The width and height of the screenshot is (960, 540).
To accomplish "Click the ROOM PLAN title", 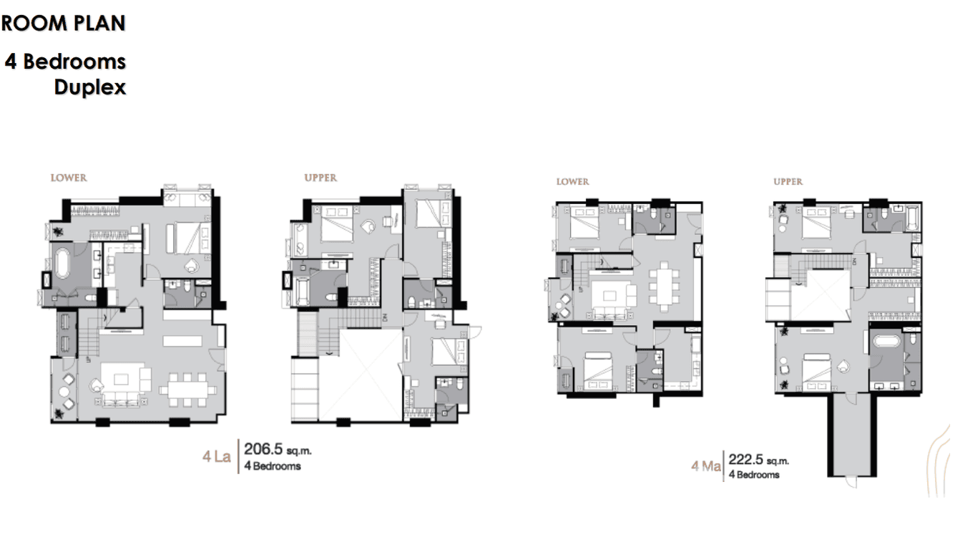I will point(64,24).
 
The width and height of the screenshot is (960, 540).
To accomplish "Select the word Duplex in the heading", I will point(90,87).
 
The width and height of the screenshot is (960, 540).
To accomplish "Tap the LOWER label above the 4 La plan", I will point(69,178).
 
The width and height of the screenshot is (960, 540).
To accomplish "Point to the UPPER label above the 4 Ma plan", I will point(788,182).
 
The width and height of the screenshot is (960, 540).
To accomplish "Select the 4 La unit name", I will point(217,457).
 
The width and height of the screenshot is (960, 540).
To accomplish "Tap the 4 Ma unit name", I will point(705,467).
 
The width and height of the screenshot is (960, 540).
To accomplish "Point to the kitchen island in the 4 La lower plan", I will point(182,341).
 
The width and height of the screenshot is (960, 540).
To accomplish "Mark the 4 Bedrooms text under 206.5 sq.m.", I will point(273,466).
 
